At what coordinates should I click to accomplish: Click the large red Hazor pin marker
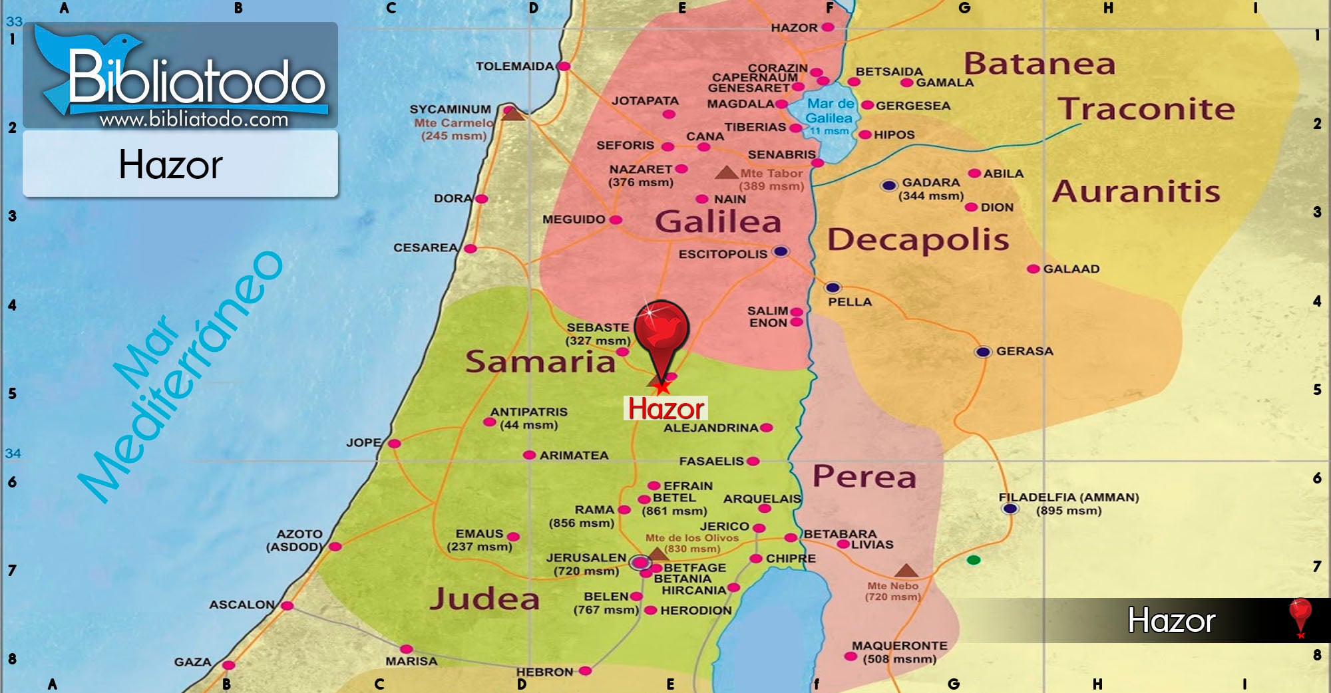click(x=661, y=329)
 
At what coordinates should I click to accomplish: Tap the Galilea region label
click(x=717, y=221)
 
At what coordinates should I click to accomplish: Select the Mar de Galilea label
click(x=829, y=111)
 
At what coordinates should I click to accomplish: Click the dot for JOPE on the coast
click(x=395, y=444)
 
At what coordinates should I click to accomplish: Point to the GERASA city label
click(x=1024, y=351)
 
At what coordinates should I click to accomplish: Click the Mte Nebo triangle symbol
click(x=906, y=571)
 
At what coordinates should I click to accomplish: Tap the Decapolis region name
click(x=918, y=239)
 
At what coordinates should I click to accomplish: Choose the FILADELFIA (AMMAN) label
click(x=1068, y=497)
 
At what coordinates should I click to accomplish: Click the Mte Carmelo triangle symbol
click(x=512, y=114)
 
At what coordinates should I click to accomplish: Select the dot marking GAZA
click(x=228, y=665)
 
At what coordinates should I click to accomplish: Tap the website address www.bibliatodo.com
click(x=194, y=120)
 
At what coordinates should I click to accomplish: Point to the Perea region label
click(x=864, y=477)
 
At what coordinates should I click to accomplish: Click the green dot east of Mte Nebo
click(x=974, y=560)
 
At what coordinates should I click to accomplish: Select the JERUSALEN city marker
click(x=640, y=563)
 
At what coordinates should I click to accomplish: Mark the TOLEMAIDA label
click(x=514, y=67)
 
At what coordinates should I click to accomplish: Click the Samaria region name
click(x=540, y=362)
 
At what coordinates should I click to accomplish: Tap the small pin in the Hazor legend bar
click(x=1299, y=616)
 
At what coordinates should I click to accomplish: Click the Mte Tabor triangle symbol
click(x=726, y=173)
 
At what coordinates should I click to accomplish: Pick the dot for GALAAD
click(x=1033, y=269)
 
